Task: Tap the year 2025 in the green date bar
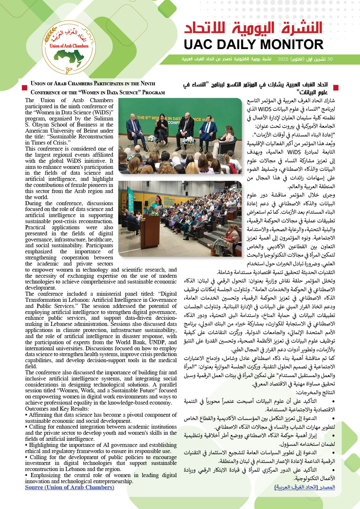283,59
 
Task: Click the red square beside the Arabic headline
336,87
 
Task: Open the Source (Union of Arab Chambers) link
70,487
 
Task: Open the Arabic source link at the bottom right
305,487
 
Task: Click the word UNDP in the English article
157,342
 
